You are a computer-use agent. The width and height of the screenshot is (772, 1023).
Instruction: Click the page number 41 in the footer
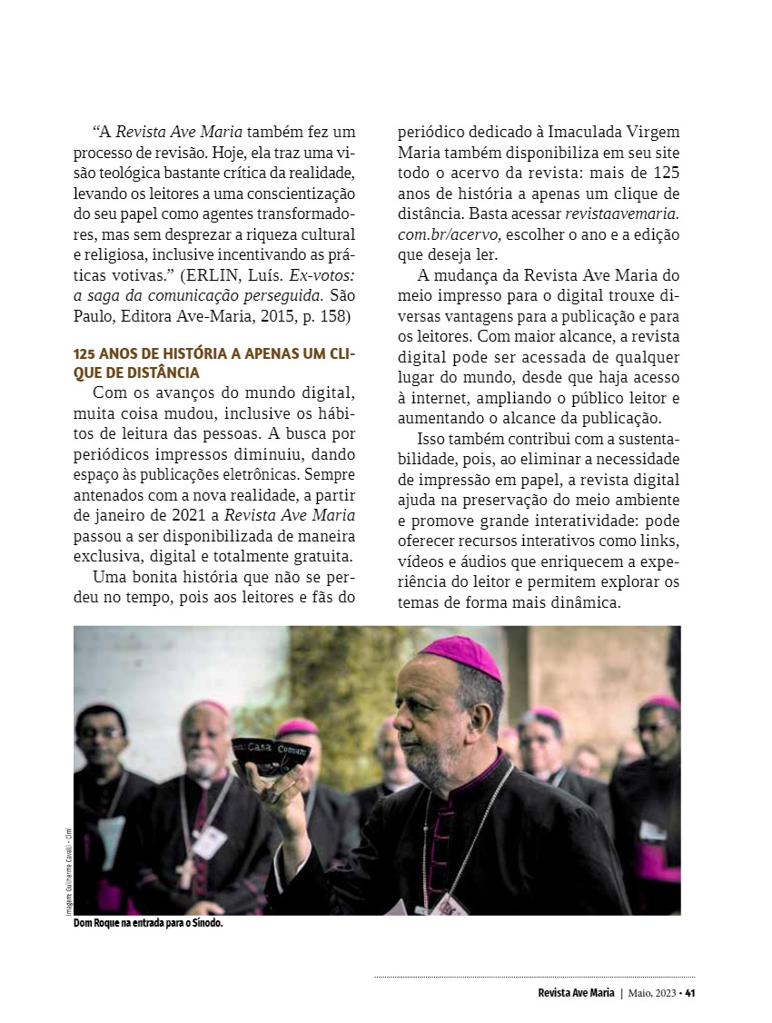690,992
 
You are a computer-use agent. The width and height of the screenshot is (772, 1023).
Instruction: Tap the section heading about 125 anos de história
214,362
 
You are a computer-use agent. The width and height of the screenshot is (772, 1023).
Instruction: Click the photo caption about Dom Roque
148,923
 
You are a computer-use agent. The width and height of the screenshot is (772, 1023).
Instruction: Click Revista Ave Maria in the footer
576,992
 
